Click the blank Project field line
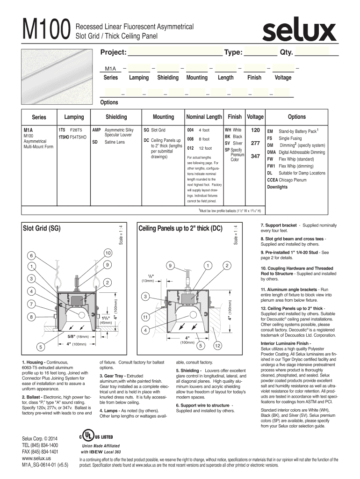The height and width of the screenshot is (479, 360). pyautogui.click(x=175, y=52)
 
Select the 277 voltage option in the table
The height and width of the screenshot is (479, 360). pyautogui.click(x=255, y=143)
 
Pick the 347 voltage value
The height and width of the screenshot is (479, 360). pyautogui.click(x=255, y=156)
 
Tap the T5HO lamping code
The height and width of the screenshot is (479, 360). pyautogui.click(x=62, y=138)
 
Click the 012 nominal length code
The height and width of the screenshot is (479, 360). pyautogui.click(x=190, y=148)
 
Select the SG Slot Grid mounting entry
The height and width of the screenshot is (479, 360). pyautogui.click(x=154, y=130)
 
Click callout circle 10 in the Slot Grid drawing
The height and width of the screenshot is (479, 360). pyautogui.click(x=107, y=253)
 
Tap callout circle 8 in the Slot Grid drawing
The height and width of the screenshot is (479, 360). pyautogui.click(x=32, y=317)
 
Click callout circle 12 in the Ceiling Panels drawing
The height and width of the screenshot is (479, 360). pyautogui.click(x=217, y=346)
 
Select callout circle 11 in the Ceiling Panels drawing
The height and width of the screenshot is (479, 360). pyautogui.click(x=146, y=317)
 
